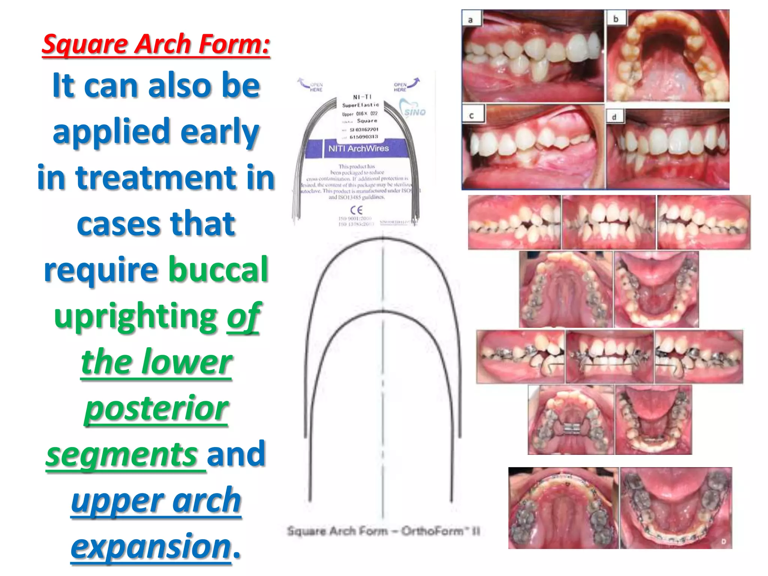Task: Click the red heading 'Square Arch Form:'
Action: coord(156,44)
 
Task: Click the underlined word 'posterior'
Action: coord(156,408)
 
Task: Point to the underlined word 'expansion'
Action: coord(151,546)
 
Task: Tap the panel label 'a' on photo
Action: coord(471,19)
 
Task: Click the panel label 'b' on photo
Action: coord(615,18)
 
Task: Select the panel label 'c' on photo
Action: coord(471,115)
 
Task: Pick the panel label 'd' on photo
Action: coord(614,117)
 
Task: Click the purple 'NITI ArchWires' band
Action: coord(358,148)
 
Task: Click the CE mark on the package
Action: coord(356,210)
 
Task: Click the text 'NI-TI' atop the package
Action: coord(361,97)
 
